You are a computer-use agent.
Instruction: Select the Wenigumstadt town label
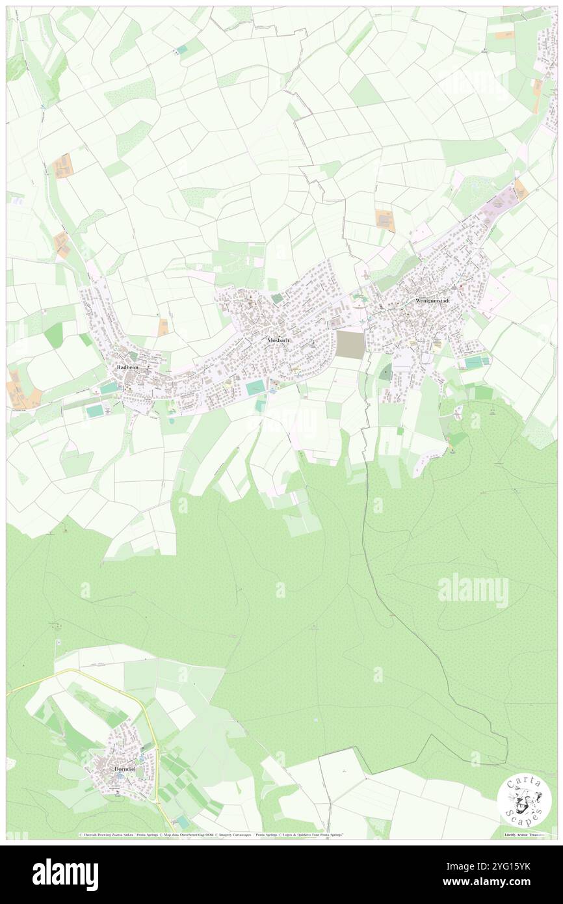click(x=438, y=302)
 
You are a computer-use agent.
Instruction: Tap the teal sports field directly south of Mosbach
click(x=255, y=388)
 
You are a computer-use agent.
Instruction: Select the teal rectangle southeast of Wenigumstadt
click(x=474, y=361)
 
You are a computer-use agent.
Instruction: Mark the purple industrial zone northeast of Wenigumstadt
click(x=501, y=198)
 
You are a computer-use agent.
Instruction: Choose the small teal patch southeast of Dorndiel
click(x=182, y=821)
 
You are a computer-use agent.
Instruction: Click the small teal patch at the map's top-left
click(x=181, y=49)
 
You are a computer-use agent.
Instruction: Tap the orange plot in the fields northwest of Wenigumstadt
click(x=385, y=220)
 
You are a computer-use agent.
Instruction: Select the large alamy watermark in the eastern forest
click(x=473, y=590)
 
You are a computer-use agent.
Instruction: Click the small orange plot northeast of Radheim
click(x=163, y=326)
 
